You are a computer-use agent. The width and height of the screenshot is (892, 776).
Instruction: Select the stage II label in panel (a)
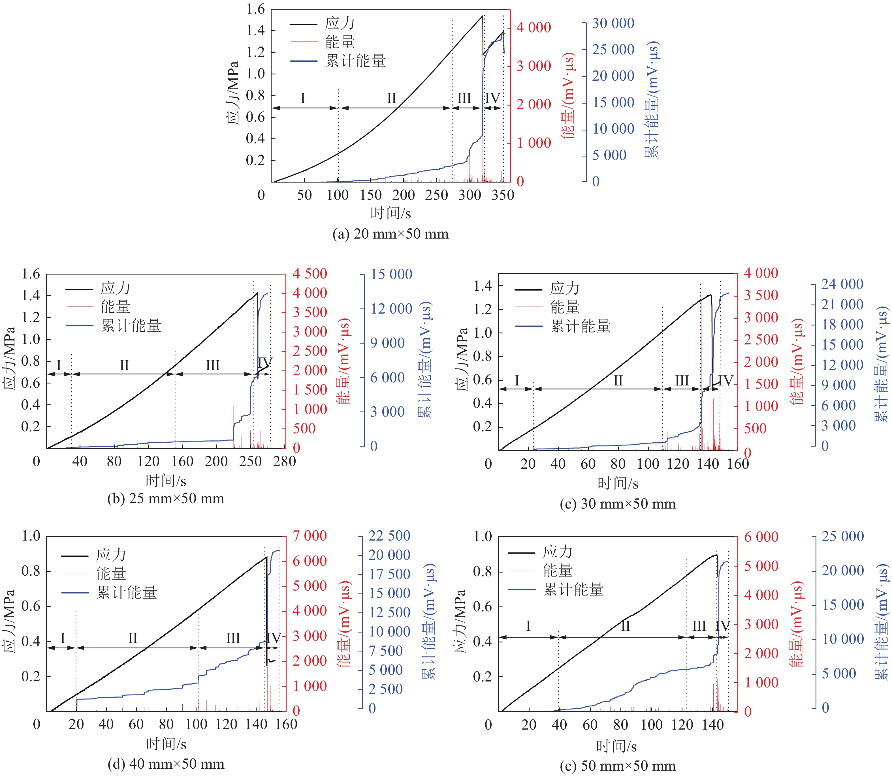(x=391, y=98)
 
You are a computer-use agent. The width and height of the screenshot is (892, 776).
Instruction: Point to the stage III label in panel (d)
(x=233, y=638)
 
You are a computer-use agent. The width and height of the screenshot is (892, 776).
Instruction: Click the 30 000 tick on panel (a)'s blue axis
(x=613, y=23)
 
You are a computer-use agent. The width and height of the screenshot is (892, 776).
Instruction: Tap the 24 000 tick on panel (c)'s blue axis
(x=842, y=284)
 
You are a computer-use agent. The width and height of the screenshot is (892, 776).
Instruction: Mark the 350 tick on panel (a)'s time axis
(x=503, y=195)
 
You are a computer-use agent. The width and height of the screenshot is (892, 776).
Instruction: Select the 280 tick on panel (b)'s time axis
(x=284, y=461)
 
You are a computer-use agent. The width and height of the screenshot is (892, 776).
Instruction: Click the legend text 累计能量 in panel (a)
(x=355, y=61)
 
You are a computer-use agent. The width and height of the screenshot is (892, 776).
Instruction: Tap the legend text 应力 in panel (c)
(x=564, y=288)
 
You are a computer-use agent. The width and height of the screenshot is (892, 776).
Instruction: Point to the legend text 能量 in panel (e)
(x=558, y=570)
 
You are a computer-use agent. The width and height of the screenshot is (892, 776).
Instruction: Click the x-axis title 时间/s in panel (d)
(x=166, y=744)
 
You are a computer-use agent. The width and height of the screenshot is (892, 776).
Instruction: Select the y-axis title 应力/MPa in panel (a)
(x=233, y=93)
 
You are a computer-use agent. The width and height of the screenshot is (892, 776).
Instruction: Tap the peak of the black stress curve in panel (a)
(x=483, y=16)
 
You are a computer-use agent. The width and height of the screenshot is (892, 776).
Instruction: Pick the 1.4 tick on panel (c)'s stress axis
(x=483, y=286)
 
